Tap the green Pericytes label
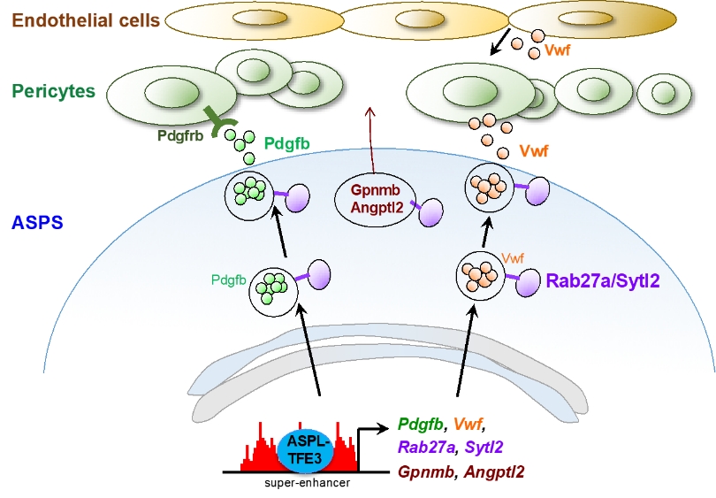pos(54,91)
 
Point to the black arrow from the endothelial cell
pos(500,42)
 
